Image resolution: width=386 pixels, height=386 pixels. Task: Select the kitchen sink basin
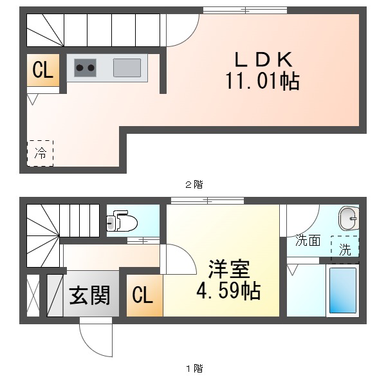tap(127, 67)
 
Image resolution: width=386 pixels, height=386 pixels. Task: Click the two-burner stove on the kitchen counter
tap(85, 66)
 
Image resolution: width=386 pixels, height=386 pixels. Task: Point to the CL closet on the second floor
tap(42, 71)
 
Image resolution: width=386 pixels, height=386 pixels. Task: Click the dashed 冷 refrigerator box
tap(41, 153)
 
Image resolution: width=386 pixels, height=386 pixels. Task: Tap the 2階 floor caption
tap(194, 185)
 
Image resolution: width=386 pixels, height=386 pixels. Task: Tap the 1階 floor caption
tap(194, 369)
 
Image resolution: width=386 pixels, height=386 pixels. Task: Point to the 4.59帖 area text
tap(228, 291)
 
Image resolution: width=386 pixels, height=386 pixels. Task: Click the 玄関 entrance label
tap(90, 296)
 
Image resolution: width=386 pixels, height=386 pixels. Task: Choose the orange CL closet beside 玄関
tap(142, 295)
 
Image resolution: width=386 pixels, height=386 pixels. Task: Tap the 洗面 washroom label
tap(308, 241)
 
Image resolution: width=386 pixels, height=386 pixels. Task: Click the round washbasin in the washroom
tap(349, 219)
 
